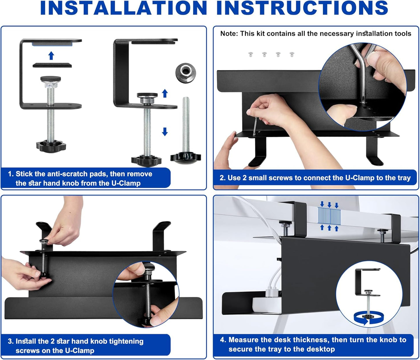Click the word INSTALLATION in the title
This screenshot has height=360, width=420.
[123, 8]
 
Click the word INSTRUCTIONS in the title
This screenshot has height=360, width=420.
[302, 8]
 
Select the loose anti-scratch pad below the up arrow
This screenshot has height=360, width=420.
[52, 65]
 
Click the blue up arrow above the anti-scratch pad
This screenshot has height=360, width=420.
[51, 55]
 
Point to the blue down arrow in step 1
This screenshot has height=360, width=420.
[165, 132]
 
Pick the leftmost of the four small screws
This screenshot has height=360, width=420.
[251, 54]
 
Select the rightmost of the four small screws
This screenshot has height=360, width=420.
[292, 54]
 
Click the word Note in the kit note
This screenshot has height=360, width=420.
[228, 34]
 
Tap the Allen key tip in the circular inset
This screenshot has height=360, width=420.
[362, 101]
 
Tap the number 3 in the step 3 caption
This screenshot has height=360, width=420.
[10, 341]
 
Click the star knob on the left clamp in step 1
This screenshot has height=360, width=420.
[51, 145]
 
